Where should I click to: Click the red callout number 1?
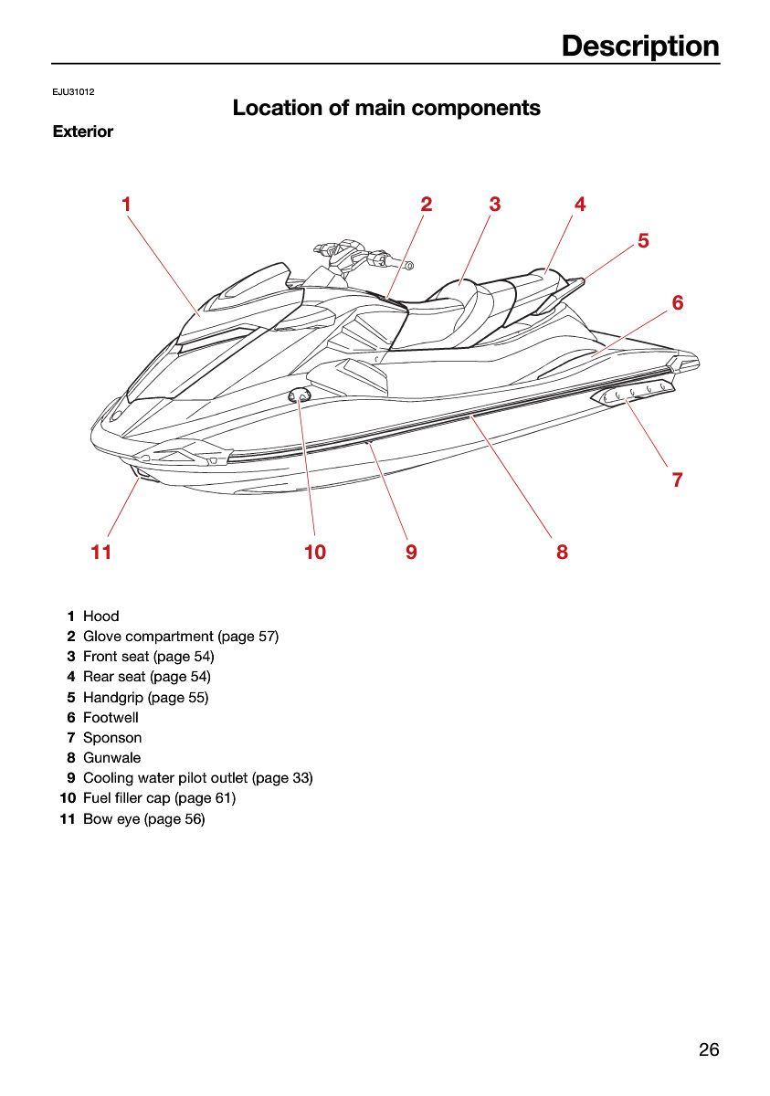coord(126,204)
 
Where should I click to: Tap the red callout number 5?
coord(643,241)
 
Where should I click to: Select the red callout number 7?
coord(677,479)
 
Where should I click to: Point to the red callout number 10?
coord(315,552)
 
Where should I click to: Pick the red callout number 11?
coord(101,552)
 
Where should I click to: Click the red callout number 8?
coord(562,552)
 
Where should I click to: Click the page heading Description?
coord(640,46)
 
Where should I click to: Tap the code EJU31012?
coord(73,92)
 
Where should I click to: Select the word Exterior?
coord(83,132)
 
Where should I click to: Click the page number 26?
coord(709,1049)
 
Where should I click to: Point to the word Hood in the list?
coord(101,616)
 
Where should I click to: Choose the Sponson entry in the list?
coord(112,737)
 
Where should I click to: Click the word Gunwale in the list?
coord(112,757)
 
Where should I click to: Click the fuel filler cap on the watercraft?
coord(299,394)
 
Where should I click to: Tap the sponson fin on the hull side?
coord(633,391)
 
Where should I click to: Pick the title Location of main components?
coord(386,108)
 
